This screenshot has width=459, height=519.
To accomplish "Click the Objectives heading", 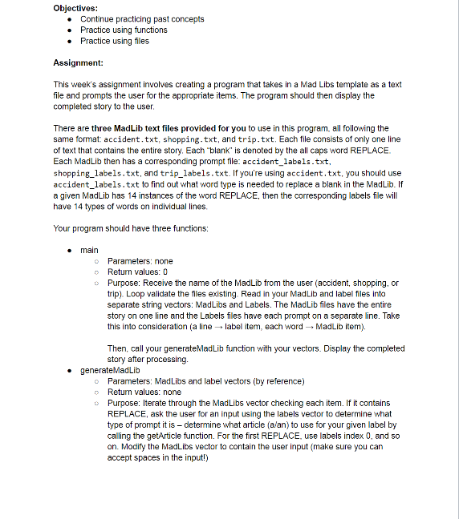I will pos(75,7).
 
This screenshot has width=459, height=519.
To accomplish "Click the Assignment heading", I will pos(78,62).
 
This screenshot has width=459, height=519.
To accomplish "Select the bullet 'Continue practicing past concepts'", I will pos(142,18).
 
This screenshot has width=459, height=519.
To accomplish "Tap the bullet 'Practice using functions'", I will pos(124,30).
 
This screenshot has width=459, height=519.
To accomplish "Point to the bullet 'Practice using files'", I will pos(115,41).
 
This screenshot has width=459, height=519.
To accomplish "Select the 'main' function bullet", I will pos(89,250).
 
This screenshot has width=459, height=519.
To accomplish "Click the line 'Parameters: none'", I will pos(140,261).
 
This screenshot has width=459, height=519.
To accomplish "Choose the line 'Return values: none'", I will pos(144,392).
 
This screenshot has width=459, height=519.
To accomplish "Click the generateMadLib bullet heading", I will pos(110,371).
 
